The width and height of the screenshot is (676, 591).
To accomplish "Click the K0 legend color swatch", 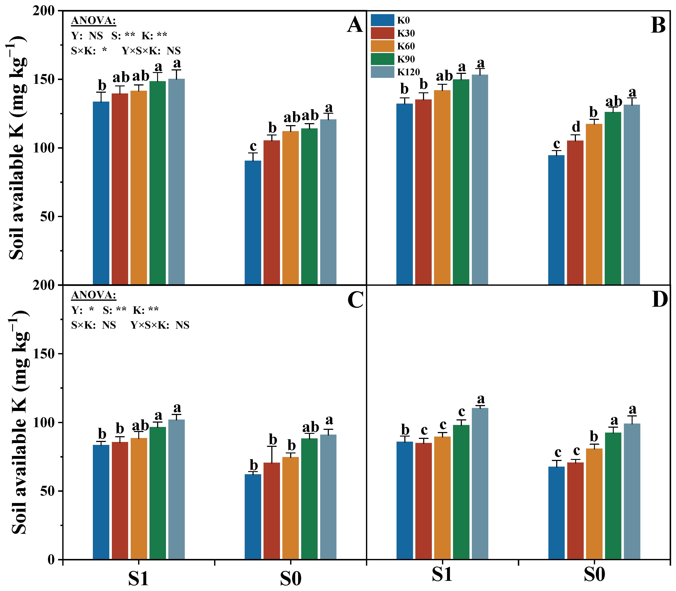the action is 382,20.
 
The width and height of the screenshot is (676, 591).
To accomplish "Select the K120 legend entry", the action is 395,72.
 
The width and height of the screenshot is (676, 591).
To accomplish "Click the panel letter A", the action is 355,25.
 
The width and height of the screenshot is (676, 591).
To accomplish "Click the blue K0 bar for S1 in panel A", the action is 101,193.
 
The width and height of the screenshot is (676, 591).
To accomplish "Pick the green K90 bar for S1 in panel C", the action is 157,493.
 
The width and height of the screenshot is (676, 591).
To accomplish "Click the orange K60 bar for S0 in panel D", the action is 594,504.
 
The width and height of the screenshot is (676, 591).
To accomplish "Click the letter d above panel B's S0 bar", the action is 576,126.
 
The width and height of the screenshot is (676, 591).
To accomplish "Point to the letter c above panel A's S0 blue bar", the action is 253,146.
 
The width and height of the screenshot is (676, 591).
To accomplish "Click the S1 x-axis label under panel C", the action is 138,579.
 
